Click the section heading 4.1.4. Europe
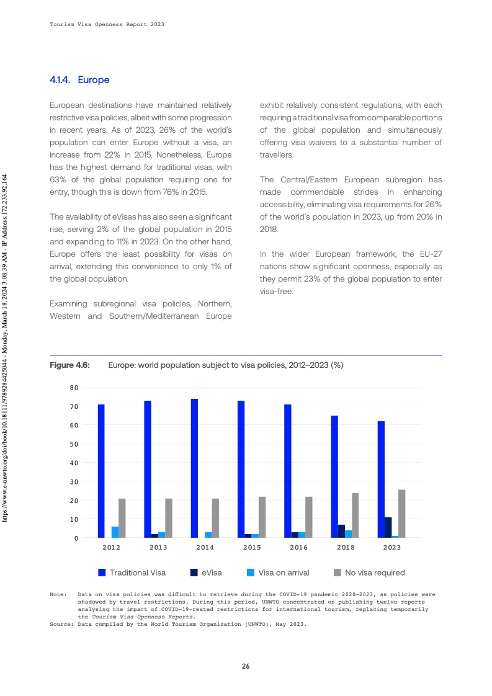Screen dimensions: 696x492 [x=79, y=80]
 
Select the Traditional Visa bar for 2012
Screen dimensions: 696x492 [x=101, y=471]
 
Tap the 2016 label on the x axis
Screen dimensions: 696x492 [x=298, y=548]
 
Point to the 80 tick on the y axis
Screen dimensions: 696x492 [x=74, y=388]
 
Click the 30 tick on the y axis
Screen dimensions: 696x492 [x=74, y=481]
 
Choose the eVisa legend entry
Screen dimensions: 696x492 [x=207, y=573]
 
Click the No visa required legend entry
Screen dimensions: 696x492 [x=369, y=573]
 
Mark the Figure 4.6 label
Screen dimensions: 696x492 [x=70, y=365]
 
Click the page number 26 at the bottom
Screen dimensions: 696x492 [x=246, y=666]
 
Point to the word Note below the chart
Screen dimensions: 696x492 [x=58, y=594]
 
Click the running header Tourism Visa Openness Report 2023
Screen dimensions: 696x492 [x=107, y=24]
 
